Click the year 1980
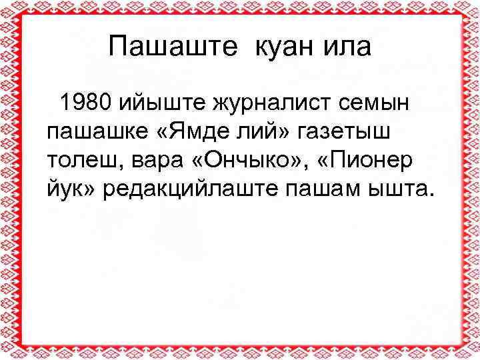(x=85, y=103)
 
